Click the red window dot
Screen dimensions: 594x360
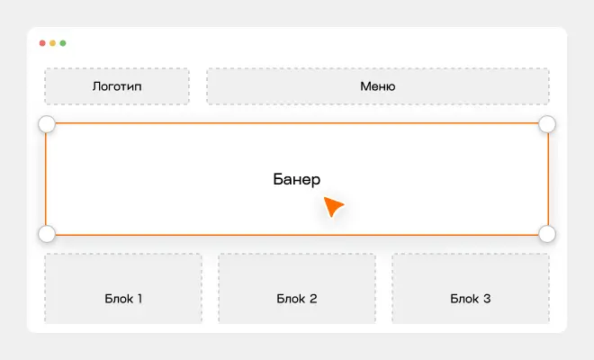(x=42, y=43)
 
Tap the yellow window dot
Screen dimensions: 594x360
(x=53, y=43)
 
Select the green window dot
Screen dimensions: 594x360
(x=63, y=43)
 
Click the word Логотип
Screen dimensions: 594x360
(x=117, y=86)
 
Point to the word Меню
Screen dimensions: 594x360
(x=378, y=86)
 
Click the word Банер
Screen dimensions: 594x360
(x=297, y=179)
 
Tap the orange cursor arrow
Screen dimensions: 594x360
(x=332, y=206)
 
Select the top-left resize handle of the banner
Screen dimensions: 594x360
(x=47, y=124)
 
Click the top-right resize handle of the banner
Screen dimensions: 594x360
(x=547, y=124)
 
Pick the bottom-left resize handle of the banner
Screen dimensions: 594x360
(x=47, y=233)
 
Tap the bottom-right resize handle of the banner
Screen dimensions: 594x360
(x=547, y=233)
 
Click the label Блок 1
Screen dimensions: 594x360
(x=123, y=299)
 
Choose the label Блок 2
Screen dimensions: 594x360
(x=297, y=299)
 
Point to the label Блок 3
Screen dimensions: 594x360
(x=471, y=299)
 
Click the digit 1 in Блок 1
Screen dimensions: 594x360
(x=139, y=299)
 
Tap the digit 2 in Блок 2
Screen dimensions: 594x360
(x=313, y=299)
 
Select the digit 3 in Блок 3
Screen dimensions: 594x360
(x=487, y=299)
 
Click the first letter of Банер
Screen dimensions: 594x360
(x=278, y=179)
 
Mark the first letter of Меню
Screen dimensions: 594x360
(x=364, y=86)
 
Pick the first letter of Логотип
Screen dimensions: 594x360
(x=96, y=86)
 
